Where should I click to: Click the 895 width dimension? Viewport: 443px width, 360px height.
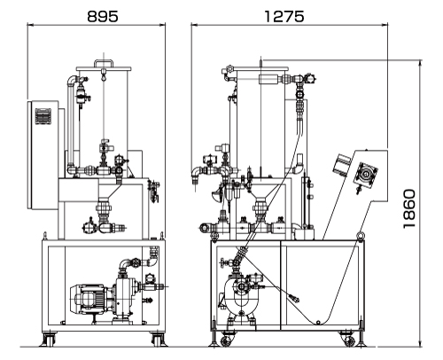click(x=103, y=16)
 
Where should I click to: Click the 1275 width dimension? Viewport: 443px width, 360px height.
click(x=284, y=16)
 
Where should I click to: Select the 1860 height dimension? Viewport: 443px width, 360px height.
click(x=409, y=208)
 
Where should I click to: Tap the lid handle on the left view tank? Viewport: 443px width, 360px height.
click(x=104, y=63)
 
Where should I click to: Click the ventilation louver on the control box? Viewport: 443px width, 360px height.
click(x=43, y=116)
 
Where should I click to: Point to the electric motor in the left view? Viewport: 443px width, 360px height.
click(x=87, y=299)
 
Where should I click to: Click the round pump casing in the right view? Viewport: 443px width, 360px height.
click(x=241, y=293)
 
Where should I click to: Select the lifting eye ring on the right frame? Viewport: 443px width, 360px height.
click(x=361, y=236)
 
